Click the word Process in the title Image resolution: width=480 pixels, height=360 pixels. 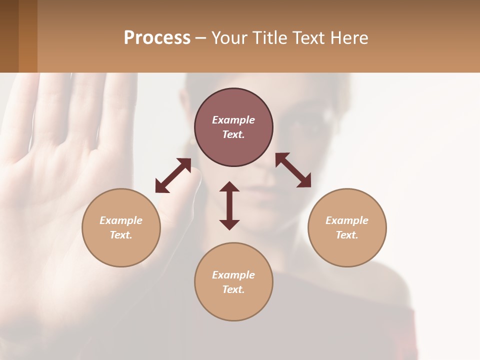[x=157, y=38]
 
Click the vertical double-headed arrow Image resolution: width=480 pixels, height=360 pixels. [x=229, y=205]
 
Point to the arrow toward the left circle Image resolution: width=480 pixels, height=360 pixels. [x=173, y=175]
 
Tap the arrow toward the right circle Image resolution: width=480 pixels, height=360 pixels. [x=293, y=170]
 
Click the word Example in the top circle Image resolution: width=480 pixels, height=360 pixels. [x=233, y=120]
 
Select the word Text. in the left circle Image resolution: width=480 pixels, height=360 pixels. [x=121, y=235]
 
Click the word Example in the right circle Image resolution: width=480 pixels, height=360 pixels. [x=347, y=220]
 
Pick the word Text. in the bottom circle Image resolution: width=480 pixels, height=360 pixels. [x=233, y=289]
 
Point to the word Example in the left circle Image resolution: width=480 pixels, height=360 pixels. [x=121, y=220]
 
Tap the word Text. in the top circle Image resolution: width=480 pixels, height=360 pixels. [x=233, y=134]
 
